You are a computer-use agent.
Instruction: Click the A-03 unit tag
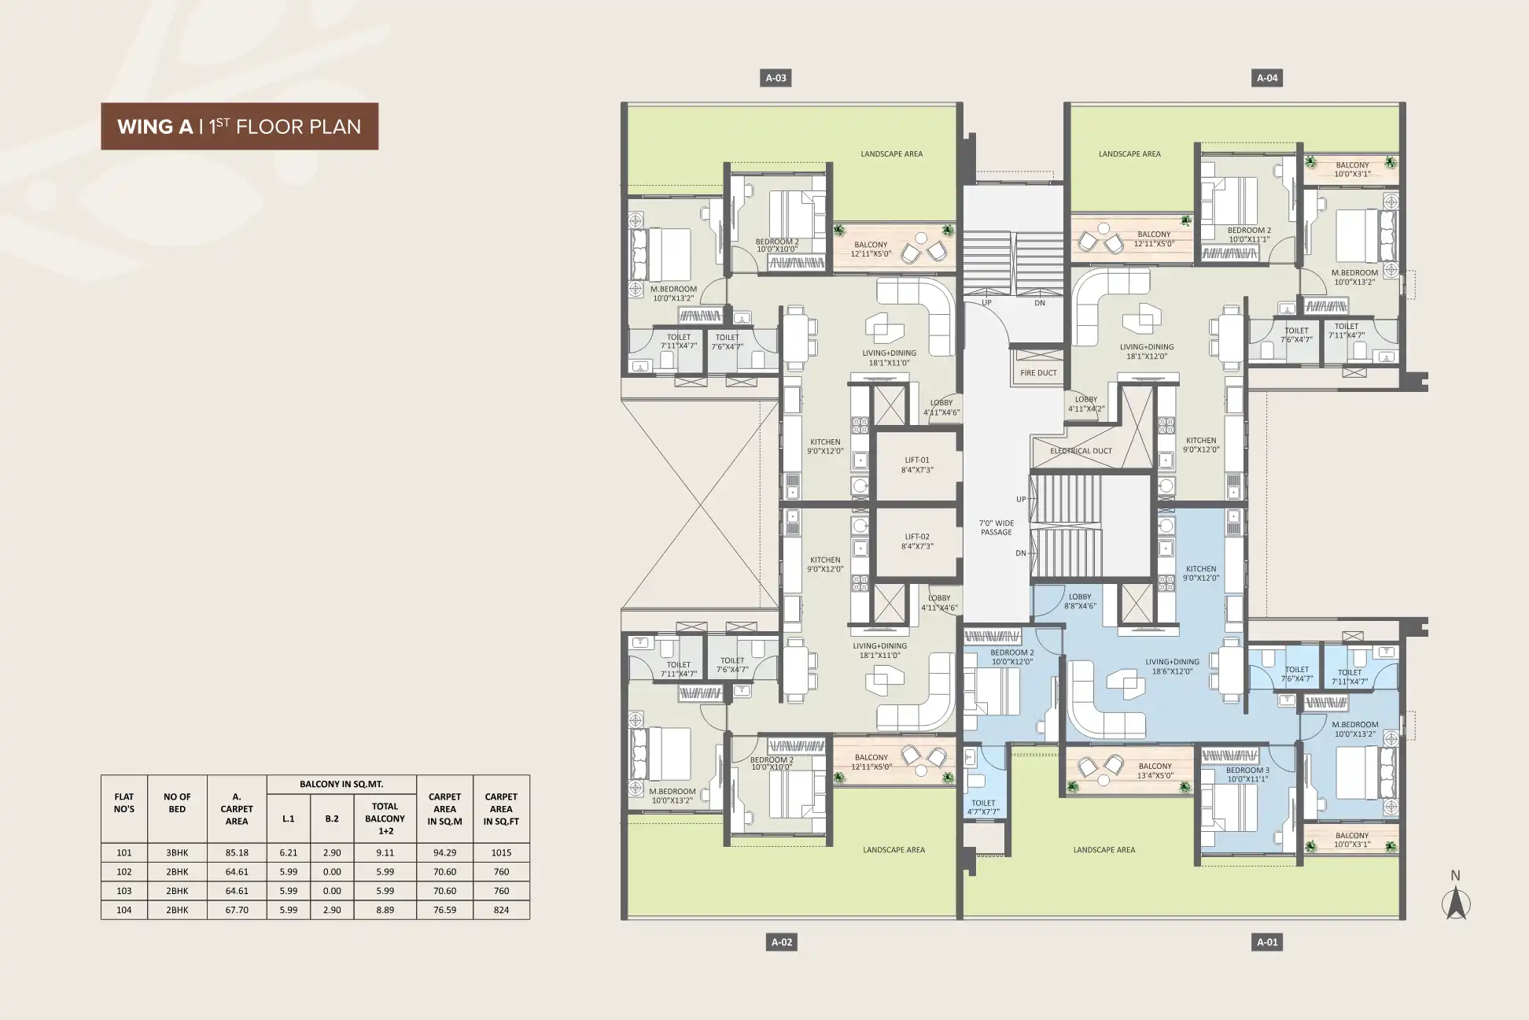pos(776,78)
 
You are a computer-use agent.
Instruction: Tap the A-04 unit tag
pos(1267,78)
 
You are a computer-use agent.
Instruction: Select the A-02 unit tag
pos(781,942)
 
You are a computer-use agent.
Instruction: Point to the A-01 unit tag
pos(1267,942)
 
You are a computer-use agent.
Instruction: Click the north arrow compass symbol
pos(1456,896)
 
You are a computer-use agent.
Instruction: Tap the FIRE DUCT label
pos(1038,373)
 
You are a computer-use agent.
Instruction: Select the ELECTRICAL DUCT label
pos(1081,451)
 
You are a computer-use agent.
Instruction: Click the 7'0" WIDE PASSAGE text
pos(996,527)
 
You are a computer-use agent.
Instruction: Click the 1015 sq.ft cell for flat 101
pos(501,852)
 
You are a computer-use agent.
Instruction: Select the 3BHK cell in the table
pos(177,852)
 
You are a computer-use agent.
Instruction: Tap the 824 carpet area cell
pos(501,910)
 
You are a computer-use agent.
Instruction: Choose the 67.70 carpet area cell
pos(237,910)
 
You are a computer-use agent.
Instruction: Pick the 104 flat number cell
pos(124,910)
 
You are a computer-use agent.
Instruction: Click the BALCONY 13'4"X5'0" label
pos(1155,771)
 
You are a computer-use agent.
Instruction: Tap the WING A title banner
pos(239,127)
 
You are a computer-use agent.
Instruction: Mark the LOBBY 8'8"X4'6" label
pos(1080,601)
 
